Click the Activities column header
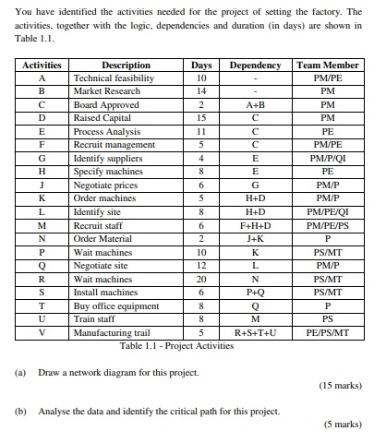pyautogui.click(x=42, y=66)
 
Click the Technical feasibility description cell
pyautogui.click(x=114, y=79)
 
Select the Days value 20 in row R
pyautogui.click(x=201, y=278)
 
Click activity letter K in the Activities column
pyautogui.click(x=42, y=198)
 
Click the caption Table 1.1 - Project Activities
pyautogui.click(x=176, y=344)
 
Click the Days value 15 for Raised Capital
pyautogui.click(x=201, y=119)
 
